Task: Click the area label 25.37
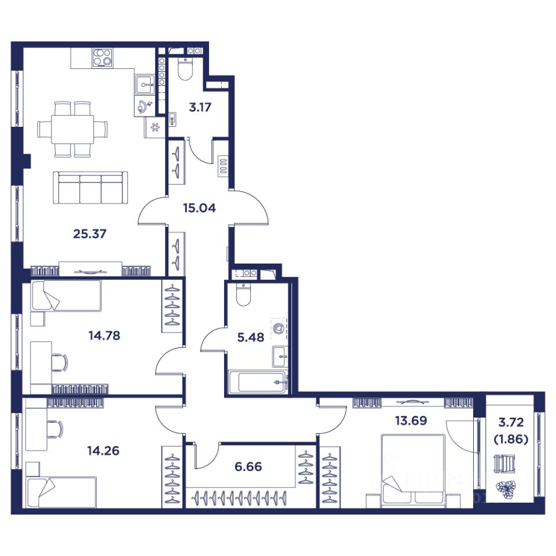point(90,234)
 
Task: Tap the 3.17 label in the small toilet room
point(200,107)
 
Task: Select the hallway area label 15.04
point(199,208)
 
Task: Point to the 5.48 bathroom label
point(251,337)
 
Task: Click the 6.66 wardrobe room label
point(248,466)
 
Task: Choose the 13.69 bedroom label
point(411,420)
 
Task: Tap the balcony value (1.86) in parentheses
point(511,440)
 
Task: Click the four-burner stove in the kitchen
point(102,58)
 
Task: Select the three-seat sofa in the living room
point(90,188)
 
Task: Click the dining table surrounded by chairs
point(73,129)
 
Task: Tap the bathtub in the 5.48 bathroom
point(258,382)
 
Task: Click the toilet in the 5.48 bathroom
point(243,295)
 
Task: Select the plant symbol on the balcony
point(504,489)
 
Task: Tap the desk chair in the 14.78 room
point(60,363)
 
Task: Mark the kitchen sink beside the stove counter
point(144,85)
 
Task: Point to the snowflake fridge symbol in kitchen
point(155,127)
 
